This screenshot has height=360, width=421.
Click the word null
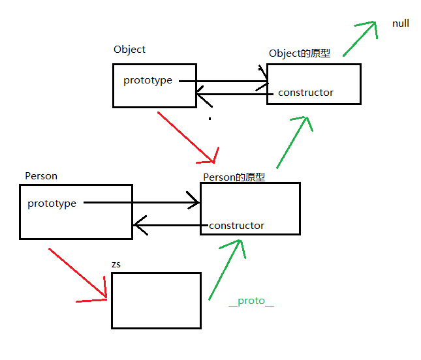point(401,23)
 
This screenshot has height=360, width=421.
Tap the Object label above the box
point(129,50)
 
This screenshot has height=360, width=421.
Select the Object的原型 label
point(300,53)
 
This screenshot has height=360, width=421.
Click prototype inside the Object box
point(148,80)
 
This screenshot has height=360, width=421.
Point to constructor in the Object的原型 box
point(305,93)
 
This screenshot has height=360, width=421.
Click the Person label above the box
point(41,176)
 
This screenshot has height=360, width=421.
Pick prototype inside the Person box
point(52,203)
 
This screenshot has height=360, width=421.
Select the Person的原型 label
point(234,177)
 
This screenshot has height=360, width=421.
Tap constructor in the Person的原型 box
point(236,226)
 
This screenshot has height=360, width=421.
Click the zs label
point(116,265)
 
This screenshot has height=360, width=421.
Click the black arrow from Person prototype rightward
point(141,202)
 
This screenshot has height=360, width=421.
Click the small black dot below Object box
point(210,119)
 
